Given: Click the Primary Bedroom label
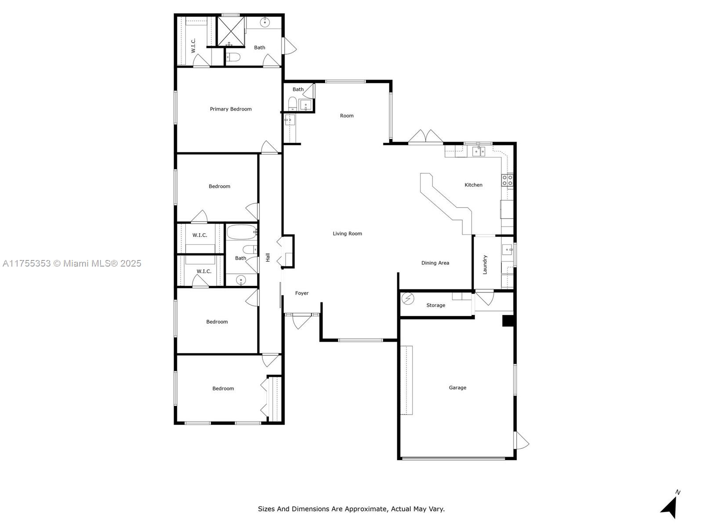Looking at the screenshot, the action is (231, 109).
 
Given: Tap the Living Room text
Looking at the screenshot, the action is (347, 234).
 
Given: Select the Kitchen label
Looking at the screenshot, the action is (473, 185).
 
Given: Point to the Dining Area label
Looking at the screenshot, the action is (435, 263).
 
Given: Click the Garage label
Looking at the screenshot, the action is (457, 388).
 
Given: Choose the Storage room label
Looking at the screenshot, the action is (435, 305).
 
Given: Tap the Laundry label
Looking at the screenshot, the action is (485, 265).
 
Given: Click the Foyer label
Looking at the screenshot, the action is (302, 293).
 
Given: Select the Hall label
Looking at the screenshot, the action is (268, 257).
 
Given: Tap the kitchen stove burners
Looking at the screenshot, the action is (507, 180).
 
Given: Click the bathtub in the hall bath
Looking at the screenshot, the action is (242, 232).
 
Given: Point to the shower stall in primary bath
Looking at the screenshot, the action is (231, 31).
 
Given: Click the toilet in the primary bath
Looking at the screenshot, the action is (233, 57).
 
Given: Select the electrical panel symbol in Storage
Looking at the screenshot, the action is (408, 299).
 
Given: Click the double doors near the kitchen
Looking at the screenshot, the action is (426, 137).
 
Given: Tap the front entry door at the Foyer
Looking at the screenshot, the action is (301, 321).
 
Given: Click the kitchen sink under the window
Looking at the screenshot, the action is (478, 151).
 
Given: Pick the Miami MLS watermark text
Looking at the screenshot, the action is (72, 263).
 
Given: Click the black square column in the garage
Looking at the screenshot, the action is (507, 321).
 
